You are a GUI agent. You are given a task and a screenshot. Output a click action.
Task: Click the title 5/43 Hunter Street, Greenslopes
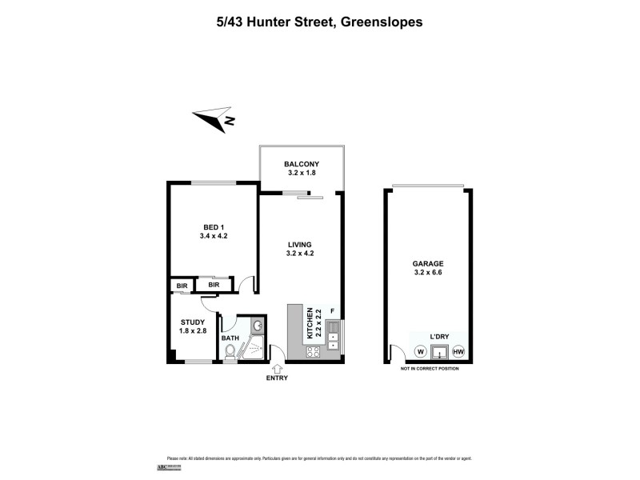(319, 23)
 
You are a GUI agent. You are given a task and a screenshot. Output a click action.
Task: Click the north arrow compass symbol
(214, 118)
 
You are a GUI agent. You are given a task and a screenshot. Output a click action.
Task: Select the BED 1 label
(214, 232)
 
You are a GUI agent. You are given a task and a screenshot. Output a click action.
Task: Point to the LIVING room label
(298, 249)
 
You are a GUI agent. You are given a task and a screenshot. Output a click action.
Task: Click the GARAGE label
(428, 268)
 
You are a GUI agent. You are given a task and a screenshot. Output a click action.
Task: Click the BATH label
(230, 338)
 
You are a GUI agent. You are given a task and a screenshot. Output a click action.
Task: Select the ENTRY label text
(277, 378)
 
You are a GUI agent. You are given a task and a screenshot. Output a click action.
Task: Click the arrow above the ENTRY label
(277, 368)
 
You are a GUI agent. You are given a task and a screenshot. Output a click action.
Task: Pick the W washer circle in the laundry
(420, 351)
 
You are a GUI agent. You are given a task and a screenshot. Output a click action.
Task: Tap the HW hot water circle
(458, 351)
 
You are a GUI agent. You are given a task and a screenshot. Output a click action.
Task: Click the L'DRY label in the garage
(439, 337)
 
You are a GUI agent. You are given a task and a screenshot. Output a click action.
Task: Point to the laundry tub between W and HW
(439, 351)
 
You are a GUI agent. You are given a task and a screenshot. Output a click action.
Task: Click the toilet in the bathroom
(230, 352)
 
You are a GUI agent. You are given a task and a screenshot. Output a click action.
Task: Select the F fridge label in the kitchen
(332, 310)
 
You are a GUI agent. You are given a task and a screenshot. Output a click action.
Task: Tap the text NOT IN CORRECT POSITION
(433, 369)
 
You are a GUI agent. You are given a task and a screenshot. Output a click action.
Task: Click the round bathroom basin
(256, 326)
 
